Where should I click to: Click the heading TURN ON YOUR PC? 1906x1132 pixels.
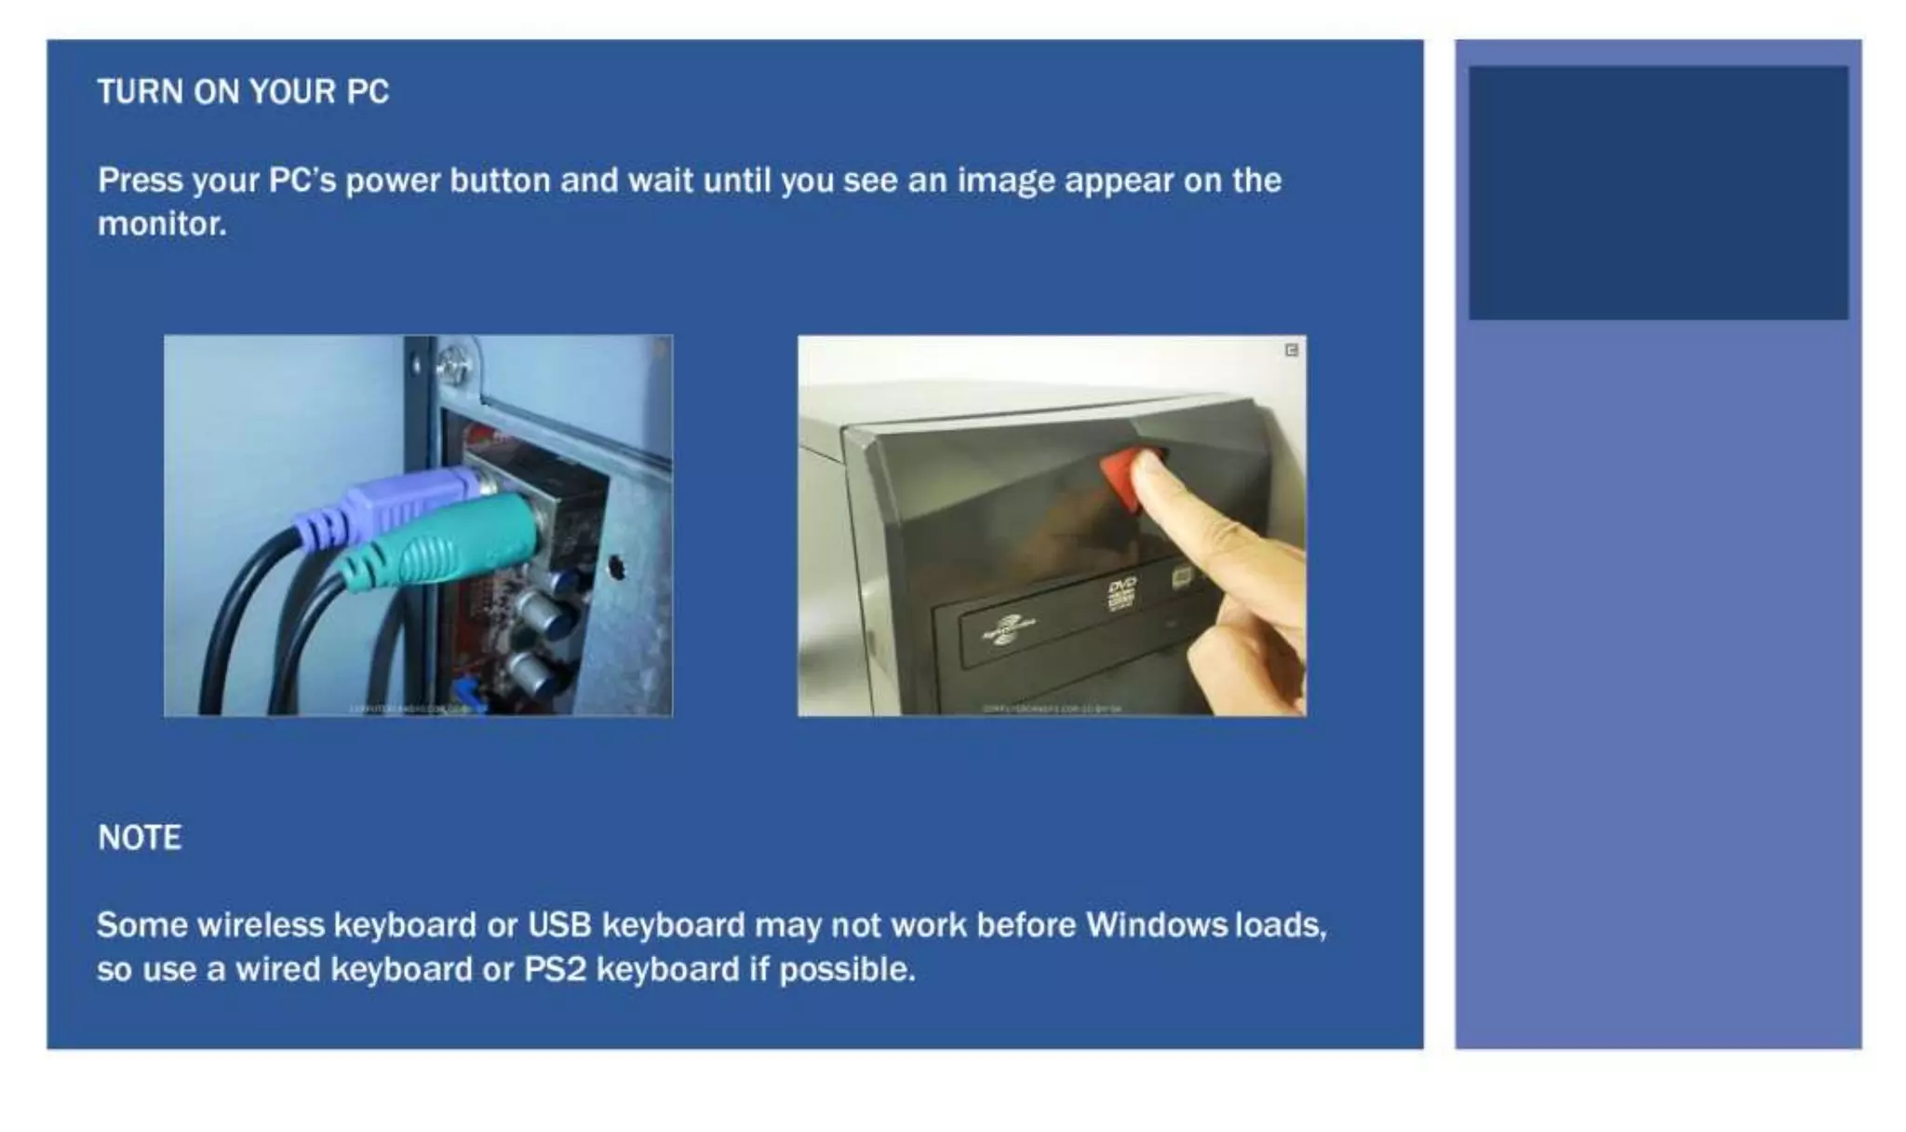[x=243, y=92]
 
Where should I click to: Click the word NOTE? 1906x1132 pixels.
[x=140, y=838]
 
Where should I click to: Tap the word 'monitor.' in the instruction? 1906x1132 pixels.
[x=162, y=223]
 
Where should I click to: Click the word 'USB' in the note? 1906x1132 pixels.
[x=559, y=925]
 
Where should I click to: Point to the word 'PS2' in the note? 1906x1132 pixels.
[x=555, y=970]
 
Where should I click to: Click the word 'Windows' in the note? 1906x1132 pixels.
[x=1157, y=925]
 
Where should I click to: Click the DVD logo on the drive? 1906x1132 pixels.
[x=1121, y=590]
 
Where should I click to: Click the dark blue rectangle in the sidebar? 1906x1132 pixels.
[x=1658, y=193]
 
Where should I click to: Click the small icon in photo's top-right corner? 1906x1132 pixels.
[x=1291, y=350]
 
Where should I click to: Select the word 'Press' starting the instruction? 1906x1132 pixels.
[x=140, y=181]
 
